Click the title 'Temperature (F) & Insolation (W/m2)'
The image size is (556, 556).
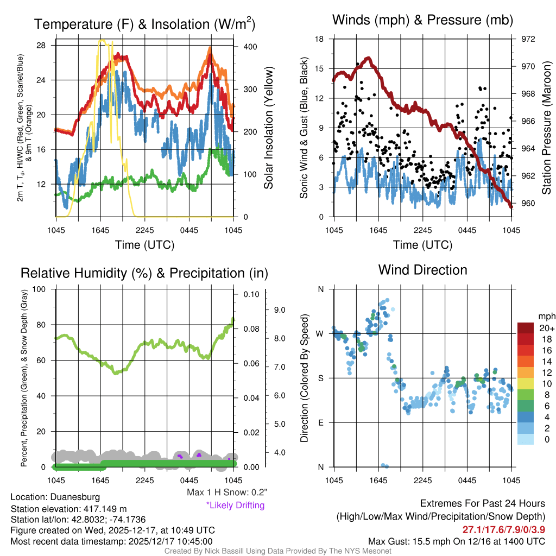(x=145, y=24)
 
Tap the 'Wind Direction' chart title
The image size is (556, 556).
(x=422, y=270)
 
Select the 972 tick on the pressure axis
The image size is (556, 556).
(x=527, y=39)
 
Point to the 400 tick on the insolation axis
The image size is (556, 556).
(x=250, y=47)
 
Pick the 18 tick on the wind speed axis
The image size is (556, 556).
(x=320, y=39)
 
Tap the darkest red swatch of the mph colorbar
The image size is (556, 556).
(x=527, y=328)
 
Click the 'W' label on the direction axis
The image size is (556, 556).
(x=321, y=333)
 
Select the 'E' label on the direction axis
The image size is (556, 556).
(x=321, y=422)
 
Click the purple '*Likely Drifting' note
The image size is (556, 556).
(x=235, y=506)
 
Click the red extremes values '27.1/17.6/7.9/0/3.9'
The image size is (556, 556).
(x=504, y=529)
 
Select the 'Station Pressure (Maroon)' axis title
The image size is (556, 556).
(x=547, y=128)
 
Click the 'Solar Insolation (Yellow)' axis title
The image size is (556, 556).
(x=268, y=128)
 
